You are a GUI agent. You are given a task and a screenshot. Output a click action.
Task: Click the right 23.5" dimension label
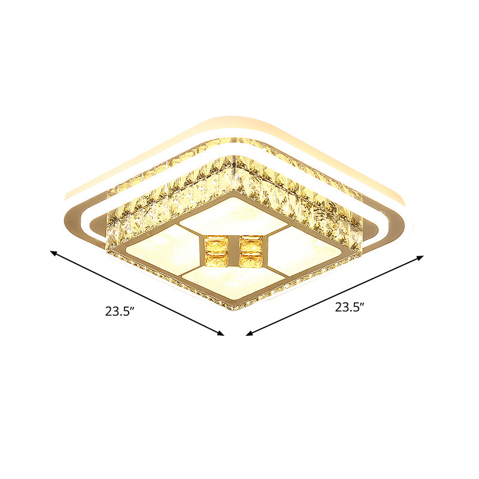pos(350,308)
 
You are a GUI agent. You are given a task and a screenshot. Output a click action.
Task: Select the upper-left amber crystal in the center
pos(216,244)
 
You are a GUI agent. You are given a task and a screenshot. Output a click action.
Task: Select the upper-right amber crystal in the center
pos(250,244)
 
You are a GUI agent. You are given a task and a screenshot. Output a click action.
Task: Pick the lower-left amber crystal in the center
pos(216,259)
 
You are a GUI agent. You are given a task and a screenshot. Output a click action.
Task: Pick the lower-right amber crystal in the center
pos(250,259)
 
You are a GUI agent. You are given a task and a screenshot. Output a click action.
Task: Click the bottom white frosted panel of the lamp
pos(231,283)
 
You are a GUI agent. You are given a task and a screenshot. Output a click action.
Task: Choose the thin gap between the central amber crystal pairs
pos(233,251)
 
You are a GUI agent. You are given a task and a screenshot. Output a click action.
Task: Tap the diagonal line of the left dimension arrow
pos(138,293)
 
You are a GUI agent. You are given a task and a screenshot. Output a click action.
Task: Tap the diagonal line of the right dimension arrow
pos(335,295)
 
